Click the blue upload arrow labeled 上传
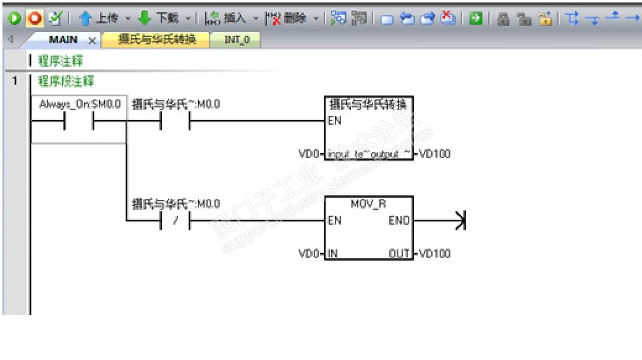[x=85, y=19]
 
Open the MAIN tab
[x=63, y=40]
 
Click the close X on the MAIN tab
[x=92, y=41]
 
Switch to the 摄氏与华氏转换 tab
[x=157, y=40]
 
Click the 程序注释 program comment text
[x=61, y=61]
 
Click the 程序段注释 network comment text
[x=65, y=82]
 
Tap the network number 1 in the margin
[x=15, y=82]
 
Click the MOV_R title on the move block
[x=368, y=204]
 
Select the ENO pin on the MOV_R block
[x=399, y=221]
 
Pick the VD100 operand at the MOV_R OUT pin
[x=435, y=253]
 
